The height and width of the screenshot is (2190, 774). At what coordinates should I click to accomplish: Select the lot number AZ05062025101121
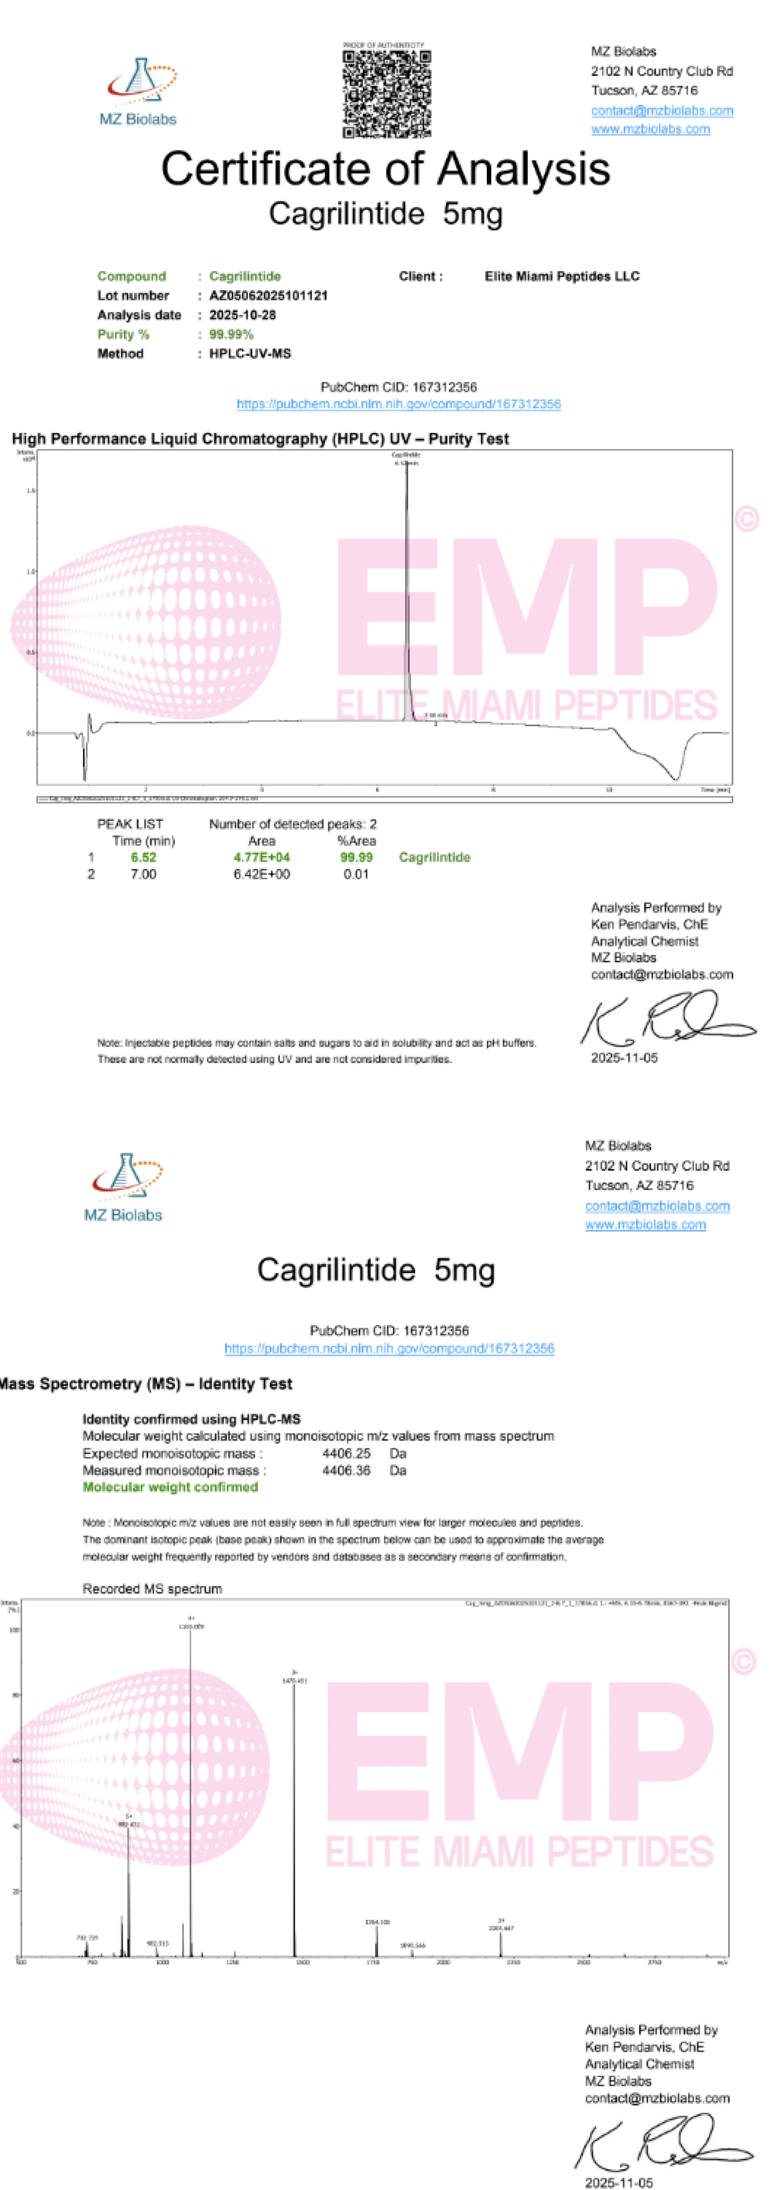[269, 296]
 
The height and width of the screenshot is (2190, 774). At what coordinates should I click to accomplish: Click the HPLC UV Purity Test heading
[260, 439]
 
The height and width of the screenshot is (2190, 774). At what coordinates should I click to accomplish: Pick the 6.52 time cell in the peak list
[143, 857]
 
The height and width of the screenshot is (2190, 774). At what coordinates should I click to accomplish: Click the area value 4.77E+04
[262, 857]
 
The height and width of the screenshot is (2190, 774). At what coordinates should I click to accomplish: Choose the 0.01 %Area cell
[356, 874]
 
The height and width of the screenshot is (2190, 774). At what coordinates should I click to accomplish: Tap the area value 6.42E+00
[262, 874]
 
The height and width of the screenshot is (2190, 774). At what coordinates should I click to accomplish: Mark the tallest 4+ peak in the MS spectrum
[190, 1785]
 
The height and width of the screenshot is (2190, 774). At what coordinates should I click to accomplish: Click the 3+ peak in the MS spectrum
[295, 1819]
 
